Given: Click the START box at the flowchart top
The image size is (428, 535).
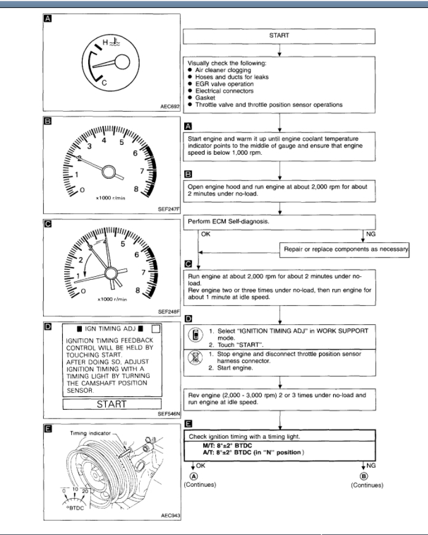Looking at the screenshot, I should coord(279,36).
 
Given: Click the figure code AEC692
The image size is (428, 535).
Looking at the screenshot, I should coord(168,107).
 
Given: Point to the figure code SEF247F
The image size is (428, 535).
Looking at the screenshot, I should coord(168,209).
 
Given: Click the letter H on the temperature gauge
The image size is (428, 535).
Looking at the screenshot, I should coord(105,42).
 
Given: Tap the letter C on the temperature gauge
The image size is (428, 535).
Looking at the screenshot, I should coord(104,81).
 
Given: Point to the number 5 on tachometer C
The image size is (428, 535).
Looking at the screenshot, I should coord(123,243).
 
